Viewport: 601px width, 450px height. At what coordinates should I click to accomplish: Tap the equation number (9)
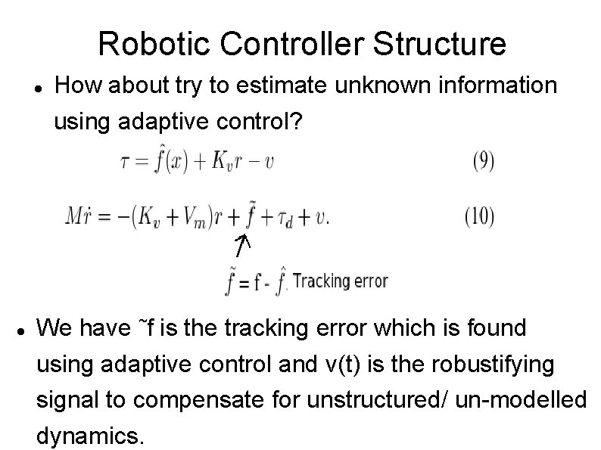point(478,162)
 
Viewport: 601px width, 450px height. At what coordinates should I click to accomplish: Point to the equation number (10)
point(478,216)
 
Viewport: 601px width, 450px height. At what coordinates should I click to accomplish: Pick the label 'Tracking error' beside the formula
point(340,281)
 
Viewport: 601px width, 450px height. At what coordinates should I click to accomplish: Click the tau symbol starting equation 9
point(125,163)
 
